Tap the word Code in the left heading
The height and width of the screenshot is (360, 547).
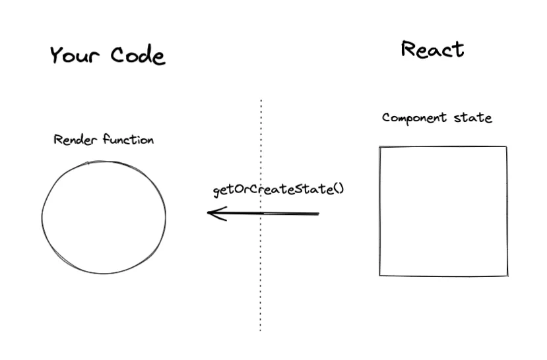coord(137,55)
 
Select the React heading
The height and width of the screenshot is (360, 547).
coord(432,49)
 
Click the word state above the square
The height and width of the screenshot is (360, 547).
coord(472,118)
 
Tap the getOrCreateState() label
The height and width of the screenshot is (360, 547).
coord(278,190)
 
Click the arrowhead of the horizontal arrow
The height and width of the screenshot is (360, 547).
coord(210,212)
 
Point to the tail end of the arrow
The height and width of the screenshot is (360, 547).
coord(318,214)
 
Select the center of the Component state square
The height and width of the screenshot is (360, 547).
coord(443,211)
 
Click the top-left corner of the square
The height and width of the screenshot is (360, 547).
coord(380,147)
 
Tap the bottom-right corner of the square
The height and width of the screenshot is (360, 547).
coord(507,275)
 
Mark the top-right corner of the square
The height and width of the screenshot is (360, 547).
coord(506,146)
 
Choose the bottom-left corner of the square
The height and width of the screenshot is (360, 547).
coord(380,275)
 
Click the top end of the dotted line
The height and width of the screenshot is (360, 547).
coord(261,101)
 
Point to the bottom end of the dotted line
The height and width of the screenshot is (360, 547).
coord(261,329)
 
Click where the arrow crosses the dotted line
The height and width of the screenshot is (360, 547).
coord(261,213)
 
